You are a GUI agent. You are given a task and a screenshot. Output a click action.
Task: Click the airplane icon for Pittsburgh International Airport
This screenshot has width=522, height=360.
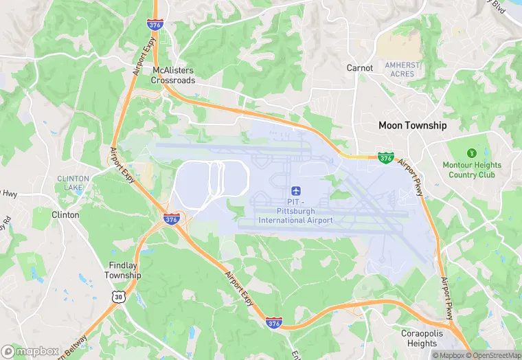(x=295, y=190)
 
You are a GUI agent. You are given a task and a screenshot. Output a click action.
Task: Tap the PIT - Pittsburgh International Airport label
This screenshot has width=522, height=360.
(x=295, y=211)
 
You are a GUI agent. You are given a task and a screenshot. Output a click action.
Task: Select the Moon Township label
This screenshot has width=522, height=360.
(x=413, y=125)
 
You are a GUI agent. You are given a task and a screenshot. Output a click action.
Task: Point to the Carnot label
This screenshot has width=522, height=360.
(x=360, y=68)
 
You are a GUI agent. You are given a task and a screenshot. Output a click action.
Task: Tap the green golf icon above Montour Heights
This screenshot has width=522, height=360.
(x=471, y=153)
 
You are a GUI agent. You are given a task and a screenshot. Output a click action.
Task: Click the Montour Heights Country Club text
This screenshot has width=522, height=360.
(x=472, y=170)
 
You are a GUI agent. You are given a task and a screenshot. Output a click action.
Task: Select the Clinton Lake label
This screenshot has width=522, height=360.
(x=73, y=183)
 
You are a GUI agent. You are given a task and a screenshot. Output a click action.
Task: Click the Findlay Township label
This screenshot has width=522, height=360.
(x=123, y=270)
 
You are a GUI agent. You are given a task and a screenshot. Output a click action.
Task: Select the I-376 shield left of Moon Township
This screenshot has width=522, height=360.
(x=385, y=158)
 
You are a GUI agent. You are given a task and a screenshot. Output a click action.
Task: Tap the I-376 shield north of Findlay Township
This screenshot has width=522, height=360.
(x=172, y=219)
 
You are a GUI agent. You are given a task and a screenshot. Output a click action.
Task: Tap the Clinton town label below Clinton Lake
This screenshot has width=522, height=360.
(x=65, y=214)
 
